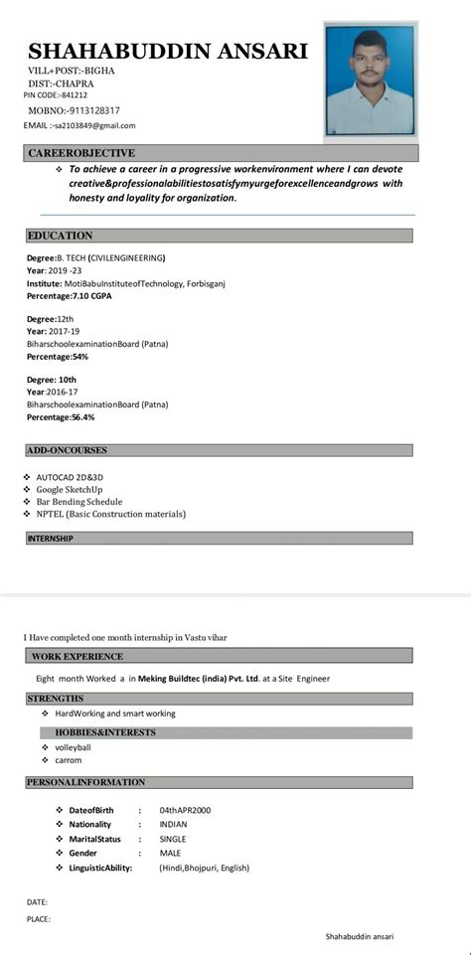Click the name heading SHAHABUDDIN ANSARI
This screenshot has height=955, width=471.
tap(168, 52)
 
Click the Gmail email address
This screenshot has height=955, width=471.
tap(94, 126)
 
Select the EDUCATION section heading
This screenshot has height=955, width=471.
tap(60, 236)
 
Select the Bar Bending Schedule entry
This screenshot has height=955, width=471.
tap(79, 502)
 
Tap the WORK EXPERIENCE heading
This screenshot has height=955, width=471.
tap(78, 657)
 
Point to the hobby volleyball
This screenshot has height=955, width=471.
tap(73, 747)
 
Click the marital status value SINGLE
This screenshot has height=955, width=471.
tap(173, 839)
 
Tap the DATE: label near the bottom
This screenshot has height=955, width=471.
tap(38, 901)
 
